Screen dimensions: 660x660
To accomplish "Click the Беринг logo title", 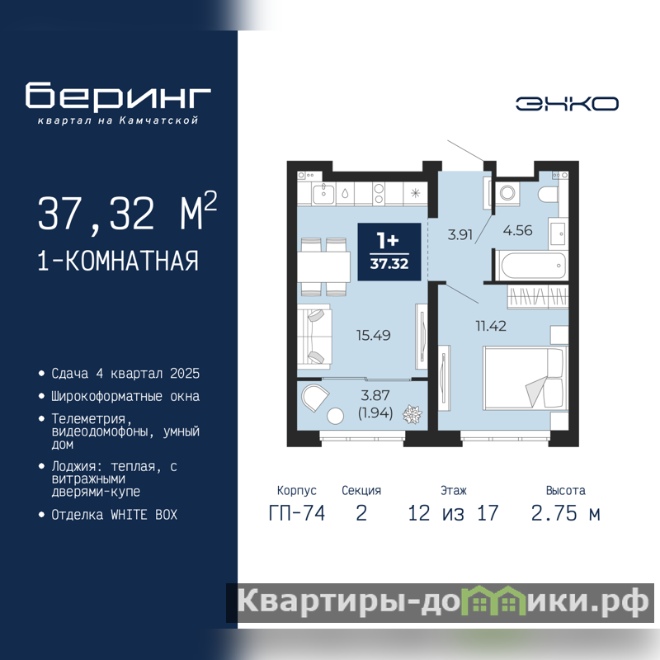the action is click(x=118, y=96).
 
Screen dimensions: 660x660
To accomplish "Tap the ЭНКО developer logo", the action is click(x=567, y=104).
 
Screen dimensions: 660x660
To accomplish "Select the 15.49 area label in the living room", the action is click(x=374, y=336).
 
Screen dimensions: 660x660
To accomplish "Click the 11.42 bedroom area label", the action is click(x=491, y=326).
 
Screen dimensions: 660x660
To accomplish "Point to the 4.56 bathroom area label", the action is click(x=518, y=230).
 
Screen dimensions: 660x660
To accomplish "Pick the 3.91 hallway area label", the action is click(x=460, y=234).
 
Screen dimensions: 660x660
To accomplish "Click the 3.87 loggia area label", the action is click(x=375, y=395).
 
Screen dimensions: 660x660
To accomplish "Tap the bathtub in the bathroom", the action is click(x=530, y=265).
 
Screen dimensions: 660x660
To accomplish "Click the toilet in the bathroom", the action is click(x=548, y=195).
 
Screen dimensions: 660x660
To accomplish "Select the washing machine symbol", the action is click(x=507, y=193).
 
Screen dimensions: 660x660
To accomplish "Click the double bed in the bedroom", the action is click(x=526, y=378).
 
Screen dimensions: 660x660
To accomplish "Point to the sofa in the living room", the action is click(x=314, y=337).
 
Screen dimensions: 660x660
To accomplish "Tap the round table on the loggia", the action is click(x=336, y=416).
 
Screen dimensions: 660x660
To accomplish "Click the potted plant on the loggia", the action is click(x=412, y=414).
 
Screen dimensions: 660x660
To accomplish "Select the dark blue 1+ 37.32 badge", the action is click(x=389, y=252).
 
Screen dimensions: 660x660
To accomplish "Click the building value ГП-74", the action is click(x=297, y=513).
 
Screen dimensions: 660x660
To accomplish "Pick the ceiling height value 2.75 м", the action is click(x=565, y=513).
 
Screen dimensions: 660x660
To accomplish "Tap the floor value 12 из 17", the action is click(x=453, y=513).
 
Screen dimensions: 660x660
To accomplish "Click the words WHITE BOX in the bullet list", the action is click(x=144, y=515).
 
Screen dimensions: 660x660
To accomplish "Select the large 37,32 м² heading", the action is click(x=128, y=213).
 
